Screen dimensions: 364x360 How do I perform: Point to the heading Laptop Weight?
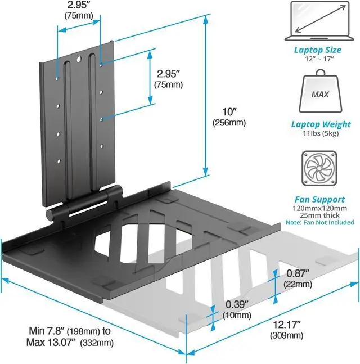point(321,124)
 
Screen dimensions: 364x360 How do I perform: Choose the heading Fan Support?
point(319,199)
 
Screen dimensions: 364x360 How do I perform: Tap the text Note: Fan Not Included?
point(320,223)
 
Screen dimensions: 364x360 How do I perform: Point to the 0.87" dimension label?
point(298,273)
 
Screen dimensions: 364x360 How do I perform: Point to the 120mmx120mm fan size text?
point(319,208)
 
